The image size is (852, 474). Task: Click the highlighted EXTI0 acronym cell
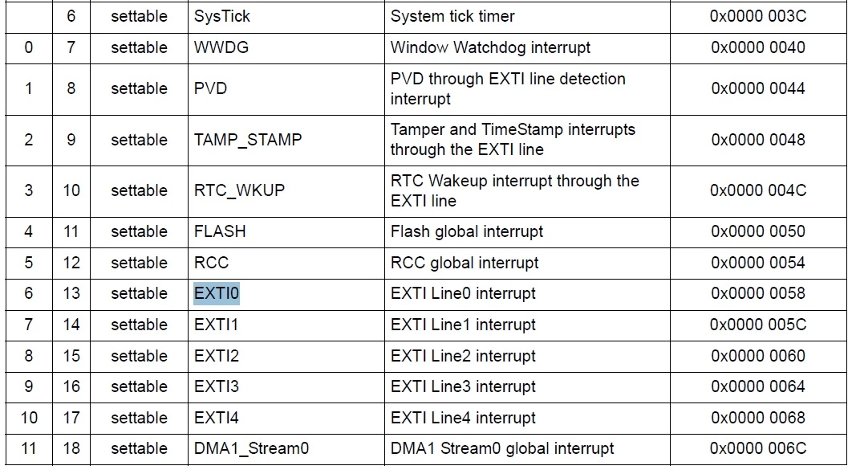[217, 293]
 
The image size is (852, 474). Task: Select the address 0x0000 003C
[758, 16]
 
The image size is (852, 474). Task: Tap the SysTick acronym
[221, 16]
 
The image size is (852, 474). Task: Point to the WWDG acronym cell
[221, 47]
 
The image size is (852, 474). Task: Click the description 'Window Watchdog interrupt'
[490, 47]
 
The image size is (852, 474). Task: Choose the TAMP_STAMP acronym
[248, 140]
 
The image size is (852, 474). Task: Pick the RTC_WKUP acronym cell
[239, 190]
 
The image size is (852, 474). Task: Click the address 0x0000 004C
[758, 190]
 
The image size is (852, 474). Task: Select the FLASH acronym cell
[220, 231]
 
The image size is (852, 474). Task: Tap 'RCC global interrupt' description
[465, 263]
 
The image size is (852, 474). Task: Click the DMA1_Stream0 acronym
[251, 448]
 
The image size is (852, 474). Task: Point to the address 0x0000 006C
[758, 448]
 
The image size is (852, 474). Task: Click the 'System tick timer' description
[452, 16]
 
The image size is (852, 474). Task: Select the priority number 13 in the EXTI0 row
[71, 293]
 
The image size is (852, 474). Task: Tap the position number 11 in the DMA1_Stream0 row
[28, 448]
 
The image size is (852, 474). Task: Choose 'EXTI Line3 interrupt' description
[463, 386]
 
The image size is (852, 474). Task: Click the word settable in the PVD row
[139, 88]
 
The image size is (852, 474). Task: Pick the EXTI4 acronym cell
[217, 418]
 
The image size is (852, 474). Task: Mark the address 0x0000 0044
[758, 88]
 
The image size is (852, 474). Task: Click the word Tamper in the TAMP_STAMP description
[417, 129]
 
